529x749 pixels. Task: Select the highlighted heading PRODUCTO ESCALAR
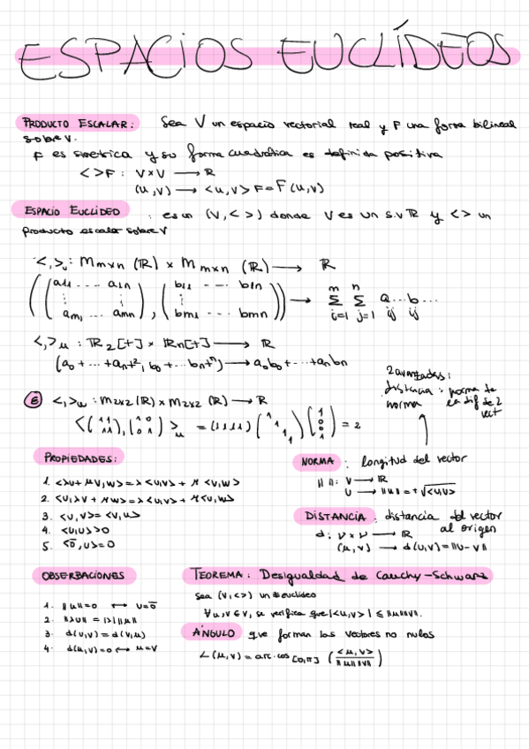(x=78, y=124)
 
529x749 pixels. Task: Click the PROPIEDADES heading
(x=79, y=457)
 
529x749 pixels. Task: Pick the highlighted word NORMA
(x=316, y=462)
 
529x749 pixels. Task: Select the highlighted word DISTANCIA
(x=335, y=515)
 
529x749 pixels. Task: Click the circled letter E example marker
(x=29, y=399)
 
